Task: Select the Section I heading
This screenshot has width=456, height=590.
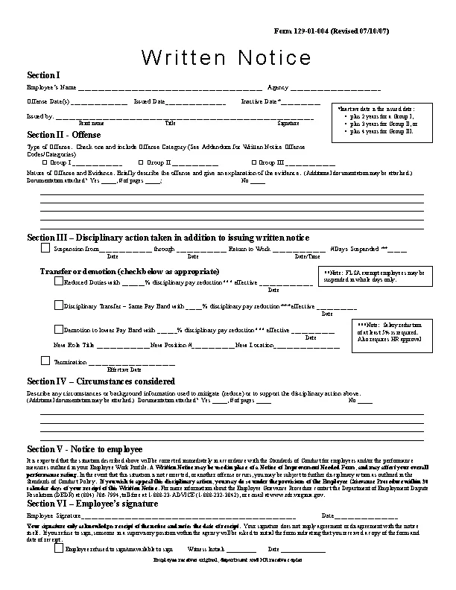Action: click(43, 75)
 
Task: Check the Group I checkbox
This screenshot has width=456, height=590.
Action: click(45, 162)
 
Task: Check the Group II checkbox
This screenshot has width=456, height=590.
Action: click(142, 162)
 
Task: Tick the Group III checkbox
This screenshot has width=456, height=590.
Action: click(253, 162)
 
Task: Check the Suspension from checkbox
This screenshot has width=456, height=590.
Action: click(45, 249)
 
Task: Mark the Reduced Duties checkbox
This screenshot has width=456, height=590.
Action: click(59, 282)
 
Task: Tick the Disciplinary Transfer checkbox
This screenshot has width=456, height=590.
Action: click(59, 305)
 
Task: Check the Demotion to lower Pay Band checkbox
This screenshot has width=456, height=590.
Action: click(59, 329)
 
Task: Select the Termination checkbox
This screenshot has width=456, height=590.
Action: click(45, 361)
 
